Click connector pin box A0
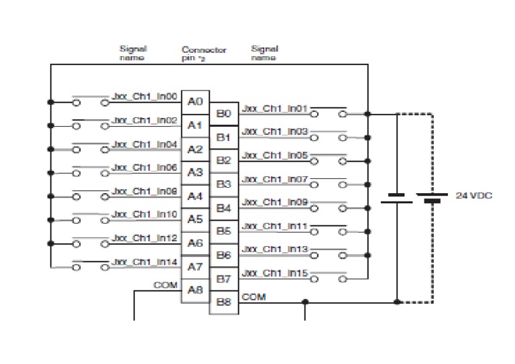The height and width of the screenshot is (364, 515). click(x=195, y=102)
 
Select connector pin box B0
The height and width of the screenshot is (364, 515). click(x=223, y=113)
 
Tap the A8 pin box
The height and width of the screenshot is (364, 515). click(x=195, y=290)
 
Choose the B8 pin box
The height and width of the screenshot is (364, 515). click(x=223, y=302)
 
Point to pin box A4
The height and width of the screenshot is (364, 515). click(x=195, y=196)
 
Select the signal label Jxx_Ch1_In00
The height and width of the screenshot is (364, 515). click(x=144, y=97)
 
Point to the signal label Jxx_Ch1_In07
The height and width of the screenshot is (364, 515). click(x=274, y=179)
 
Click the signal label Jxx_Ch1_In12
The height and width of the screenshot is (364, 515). click(x=144, y=237)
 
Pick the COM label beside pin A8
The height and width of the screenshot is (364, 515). click(x=165, y=285)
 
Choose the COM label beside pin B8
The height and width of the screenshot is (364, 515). click(x=253, y=296)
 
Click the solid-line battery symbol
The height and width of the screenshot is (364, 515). click(x=396, y=198)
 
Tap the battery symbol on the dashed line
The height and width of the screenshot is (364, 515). click(x=432, y=198)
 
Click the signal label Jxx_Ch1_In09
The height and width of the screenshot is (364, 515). click(x=274, y=202)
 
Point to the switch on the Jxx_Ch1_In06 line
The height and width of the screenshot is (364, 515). click(x=89, y=172)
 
